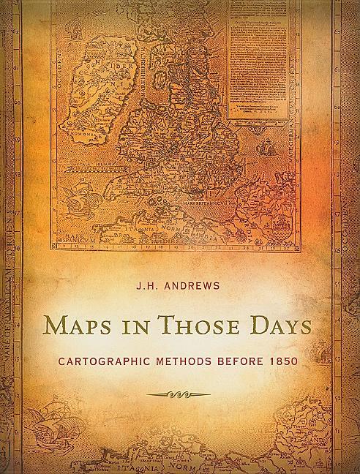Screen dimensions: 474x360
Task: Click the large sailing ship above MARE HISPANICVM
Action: coord(75,196)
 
